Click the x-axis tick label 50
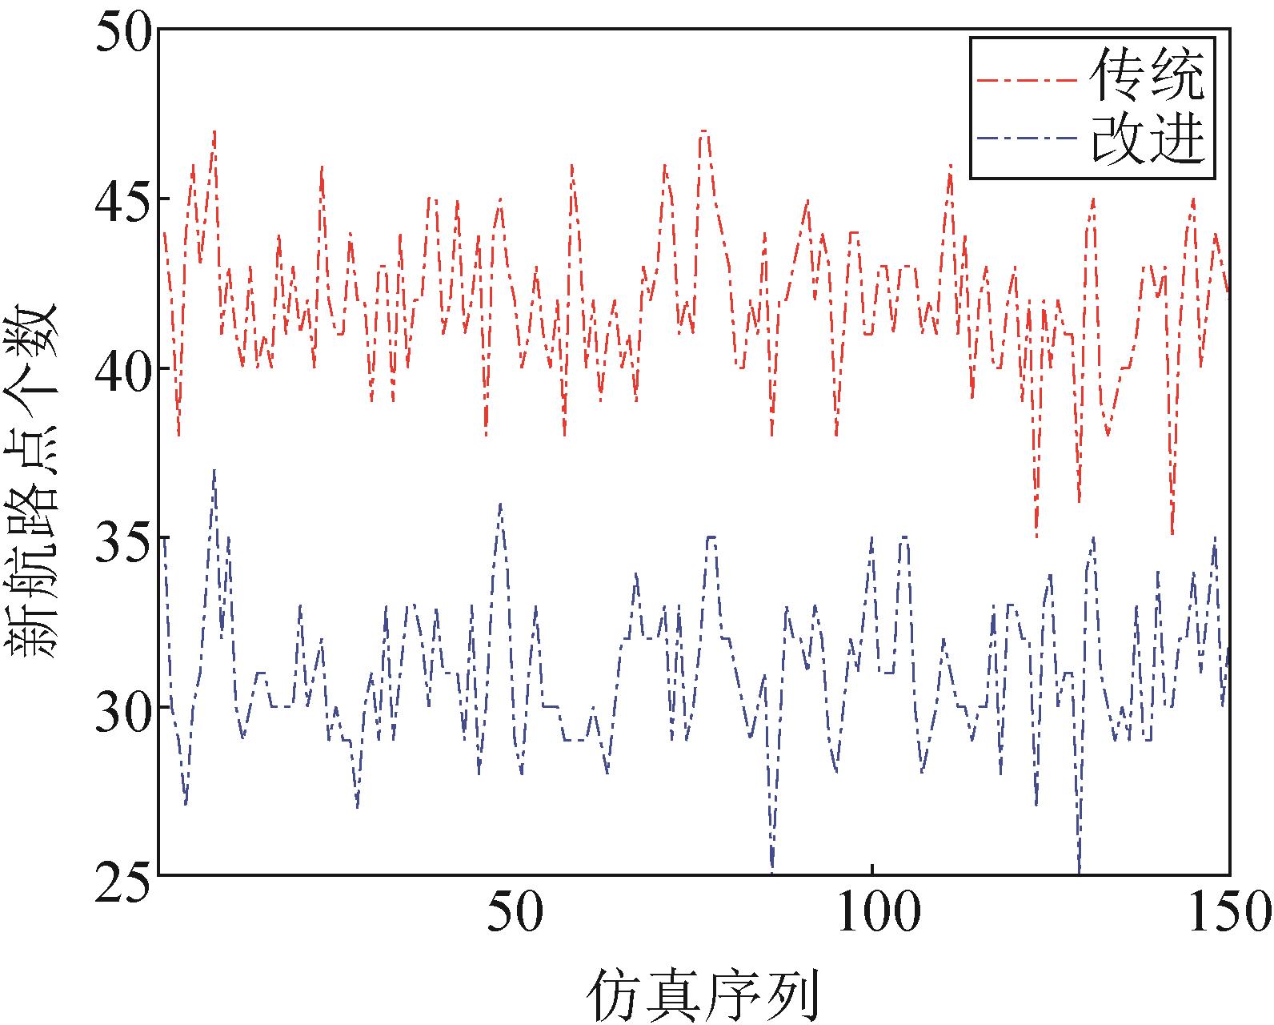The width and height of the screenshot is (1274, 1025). [515, 913]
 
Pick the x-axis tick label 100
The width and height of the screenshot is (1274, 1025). [871, 913]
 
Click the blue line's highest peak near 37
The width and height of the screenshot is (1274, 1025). [214, 471]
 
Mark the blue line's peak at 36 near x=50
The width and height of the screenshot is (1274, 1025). [500, 504]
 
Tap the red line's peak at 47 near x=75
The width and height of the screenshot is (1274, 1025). [703, 131]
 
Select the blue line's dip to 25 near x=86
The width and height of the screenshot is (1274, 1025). [772, 868]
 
